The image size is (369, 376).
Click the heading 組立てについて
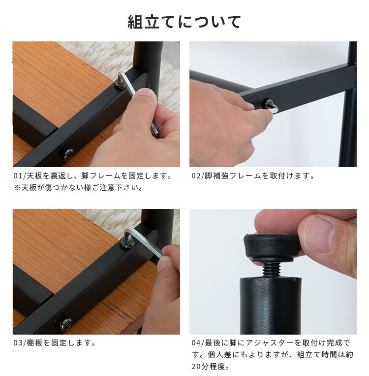[184, 22]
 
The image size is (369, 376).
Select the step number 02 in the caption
[196, 176]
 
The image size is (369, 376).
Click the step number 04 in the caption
[196, 343]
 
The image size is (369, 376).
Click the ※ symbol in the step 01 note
[17, 188]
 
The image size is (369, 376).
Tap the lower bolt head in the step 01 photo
[68, 154]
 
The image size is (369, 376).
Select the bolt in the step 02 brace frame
[269, 103]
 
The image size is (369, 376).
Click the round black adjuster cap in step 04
[272, 247]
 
